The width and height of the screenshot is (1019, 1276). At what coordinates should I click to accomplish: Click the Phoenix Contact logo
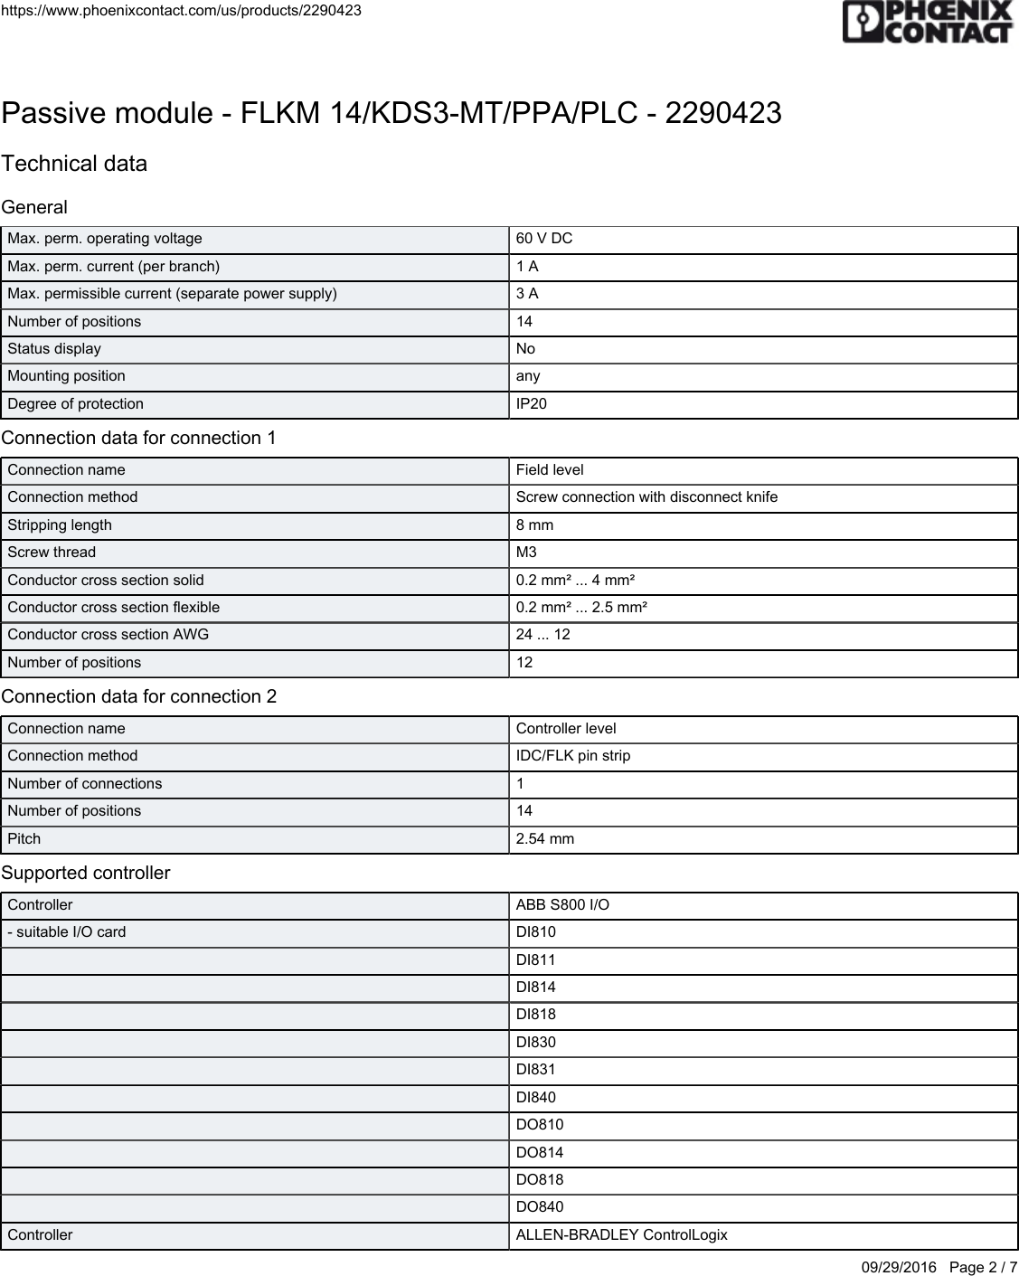[927, 22]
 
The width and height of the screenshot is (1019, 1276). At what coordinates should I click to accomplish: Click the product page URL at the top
[181, 11]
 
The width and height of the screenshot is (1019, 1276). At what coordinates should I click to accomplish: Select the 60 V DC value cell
[544, 239]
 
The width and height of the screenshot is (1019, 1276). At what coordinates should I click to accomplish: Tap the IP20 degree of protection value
[532, 404]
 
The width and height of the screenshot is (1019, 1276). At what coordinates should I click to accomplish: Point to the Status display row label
[54, 349]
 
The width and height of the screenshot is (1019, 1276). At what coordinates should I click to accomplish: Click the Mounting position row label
[67, 376]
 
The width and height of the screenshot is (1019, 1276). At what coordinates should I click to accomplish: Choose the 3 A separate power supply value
[527, 294]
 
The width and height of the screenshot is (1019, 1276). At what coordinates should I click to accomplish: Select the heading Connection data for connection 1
[139, 439]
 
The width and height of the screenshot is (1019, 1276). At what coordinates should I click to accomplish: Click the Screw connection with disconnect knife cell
[646, 497]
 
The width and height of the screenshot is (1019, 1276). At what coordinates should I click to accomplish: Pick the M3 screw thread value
[526, 553]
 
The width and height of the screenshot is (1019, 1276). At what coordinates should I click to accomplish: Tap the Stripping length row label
[60, 525]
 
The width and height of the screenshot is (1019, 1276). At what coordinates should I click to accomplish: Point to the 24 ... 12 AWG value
[543, 635]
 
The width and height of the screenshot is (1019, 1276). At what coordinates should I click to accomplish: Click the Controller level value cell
[566, 729]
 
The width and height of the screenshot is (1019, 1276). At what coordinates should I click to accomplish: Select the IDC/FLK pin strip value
[573, 756]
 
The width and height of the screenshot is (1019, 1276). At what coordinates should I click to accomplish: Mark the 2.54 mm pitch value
[545, 839]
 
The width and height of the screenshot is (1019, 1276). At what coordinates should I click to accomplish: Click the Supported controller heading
[86, 874]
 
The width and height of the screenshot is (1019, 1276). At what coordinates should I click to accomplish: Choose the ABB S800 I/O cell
[562, 905]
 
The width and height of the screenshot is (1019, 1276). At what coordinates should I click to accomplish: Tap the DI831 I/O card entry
[536, 1070]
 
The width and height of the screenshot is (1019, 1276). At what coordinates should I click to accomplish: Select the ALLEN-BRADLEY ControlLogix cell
[622, 1235]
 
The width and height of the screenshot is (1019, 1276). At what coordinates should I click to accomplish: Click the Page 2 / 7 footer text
[983, 1267]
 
